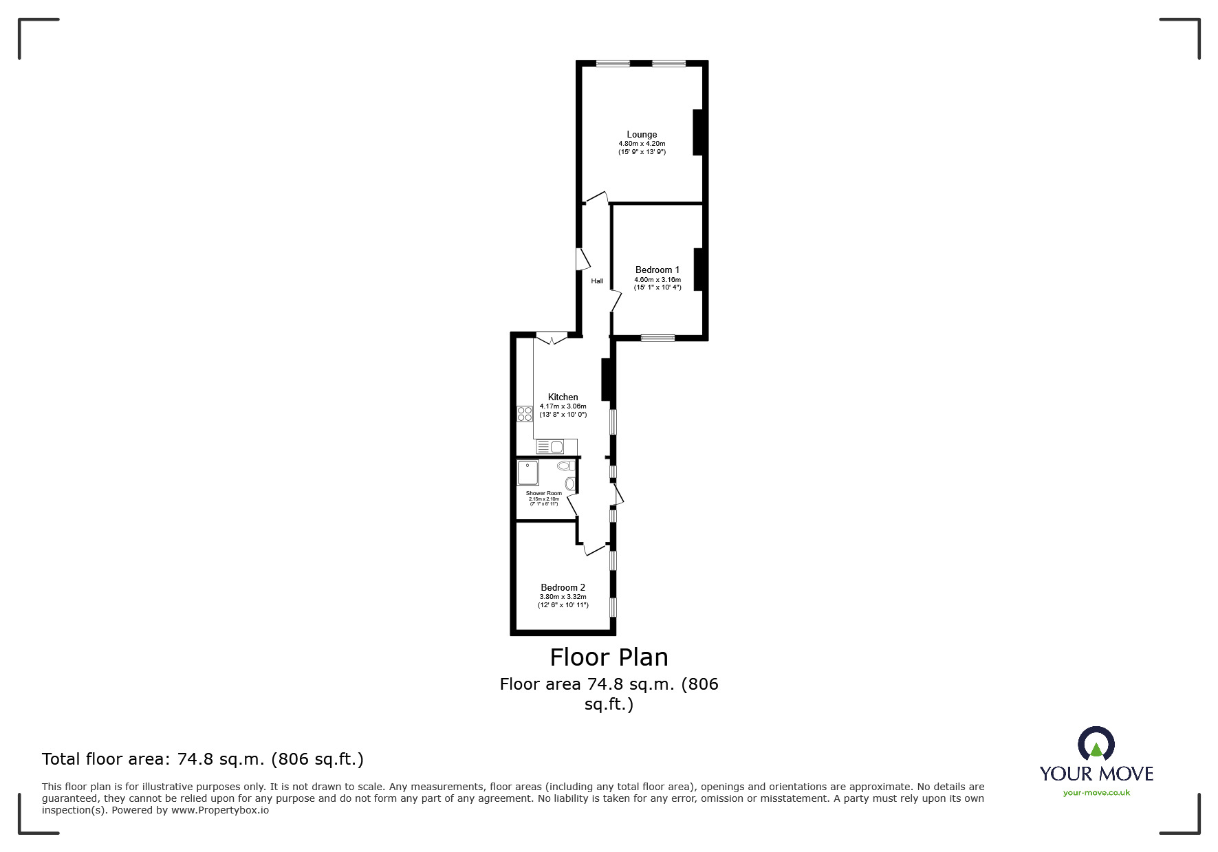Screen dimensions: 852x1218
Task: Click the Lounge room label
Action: point(641,135)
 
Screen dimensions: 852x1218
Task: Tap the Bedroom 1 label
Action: point(657,270)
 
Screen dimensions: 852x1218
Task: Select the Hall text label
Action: point(597,281)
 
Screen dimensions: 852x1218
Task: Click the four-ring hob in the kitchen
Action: point(525,414)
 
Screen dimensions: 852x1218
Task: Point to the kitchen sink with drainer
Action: point(550,447)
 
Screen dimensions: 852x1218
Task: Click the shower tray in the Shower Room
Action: point(528,472)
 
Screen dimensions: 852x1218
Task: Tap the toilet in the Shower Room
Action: point(566,466)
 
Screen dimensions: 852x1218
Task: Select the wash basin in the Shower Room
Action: point(569,483)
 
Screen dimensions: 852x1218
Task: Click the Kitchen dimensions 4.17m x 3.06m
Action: point(563,406)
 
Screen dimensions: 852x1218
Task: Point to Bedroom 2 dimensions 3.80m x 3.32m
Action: point(563,596)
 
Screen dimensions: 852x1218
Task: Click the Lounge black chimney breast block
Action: point(697,132)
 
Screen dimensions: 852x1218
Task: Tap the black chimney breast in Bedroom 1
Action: point(698,269)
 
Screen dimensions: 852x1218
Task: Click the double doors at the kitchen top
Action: point(552,338)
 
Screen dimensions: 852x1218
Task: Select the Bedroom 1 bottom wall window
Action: point(657,337)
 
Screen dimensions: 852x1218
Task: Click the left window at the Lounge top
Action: point(612,64)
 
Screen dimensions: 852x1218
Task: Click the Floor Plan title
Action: point(609,657)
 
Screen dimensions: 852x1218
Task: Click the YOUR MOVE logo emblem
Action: point(1096,744)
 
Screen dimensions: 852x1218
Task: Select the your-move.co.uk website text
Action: point(1096,793)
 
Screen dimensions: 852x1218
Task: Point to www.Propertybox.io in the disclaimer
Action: point(219,810)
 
